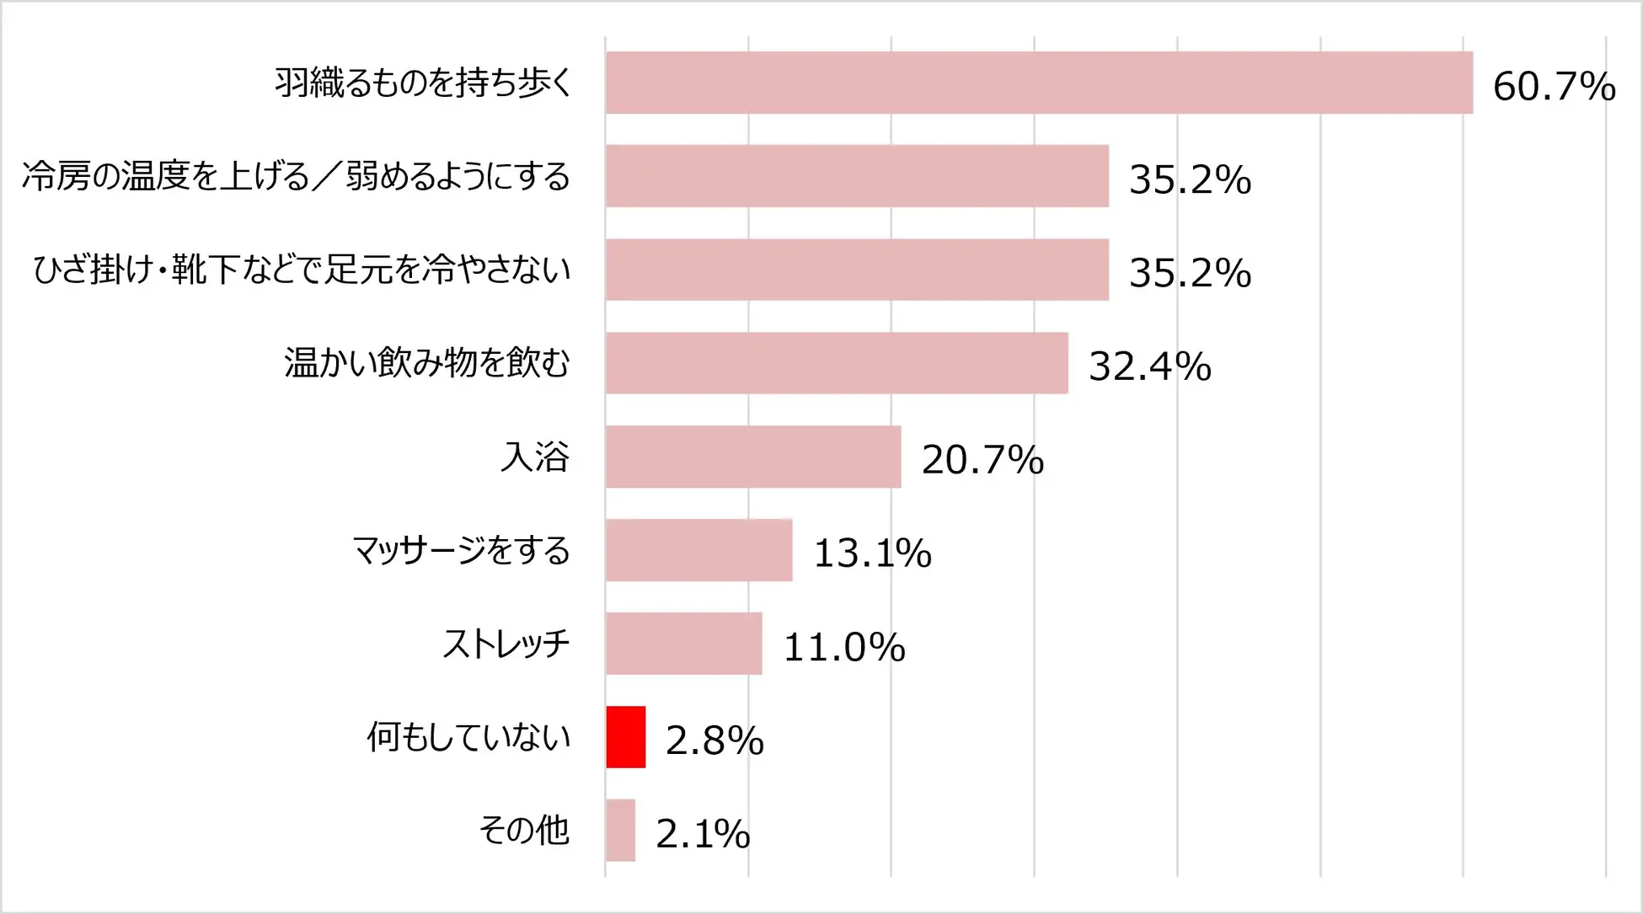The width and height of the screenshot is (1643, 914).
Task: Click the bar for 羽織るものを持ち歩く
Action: (1039, 83)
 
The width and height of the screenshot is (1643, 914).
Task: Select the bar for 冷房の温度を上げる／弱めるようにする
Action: (857, 176)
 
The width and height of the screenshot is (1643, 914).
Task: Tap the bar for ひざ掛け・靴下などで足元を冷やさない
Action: (857, 270)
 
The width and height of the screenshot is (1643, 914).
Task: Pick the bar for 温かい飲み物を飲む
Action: (837, 363)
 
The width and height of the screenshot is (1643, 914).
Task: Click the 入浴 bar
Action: (753, 457)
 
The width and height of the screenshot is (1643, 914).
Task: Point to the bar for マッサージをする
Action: (698, 550)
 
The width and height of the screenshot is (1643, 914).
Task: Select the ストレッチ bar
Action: (683, 644)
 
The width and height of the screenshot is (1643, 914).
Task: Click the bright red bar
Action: (625, 737)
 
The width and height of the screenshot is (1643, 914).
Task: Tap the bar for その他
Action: (620, 831)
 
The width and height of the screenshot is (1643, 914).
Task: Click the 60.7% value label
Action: (1554, 87)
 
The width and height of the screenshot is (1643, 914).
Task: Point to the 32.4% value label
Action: (1149, 367)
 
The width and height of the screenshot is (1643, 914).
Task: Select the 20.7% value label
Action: (982, 461)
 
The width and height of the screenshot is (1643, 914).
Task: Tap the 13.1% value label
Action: (872, 554)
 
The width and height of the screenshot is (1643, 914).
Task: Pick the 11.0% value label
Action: (844, 648)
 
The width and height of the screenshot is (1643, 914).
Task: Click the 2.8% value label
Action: (714, 741)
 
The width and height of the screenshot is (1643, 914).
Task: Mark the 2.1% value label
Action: (703, 835)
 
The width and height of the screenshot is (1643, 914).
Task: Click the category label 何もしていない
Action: (468, 738)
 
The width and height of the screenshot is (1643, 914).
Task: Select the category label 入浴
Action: (535, 457)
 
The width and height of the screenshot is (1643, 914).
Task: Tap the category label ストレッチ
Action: (506, 644)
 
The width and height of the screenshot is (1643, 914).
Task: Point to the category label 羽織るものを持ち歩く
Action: (424, 83)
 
